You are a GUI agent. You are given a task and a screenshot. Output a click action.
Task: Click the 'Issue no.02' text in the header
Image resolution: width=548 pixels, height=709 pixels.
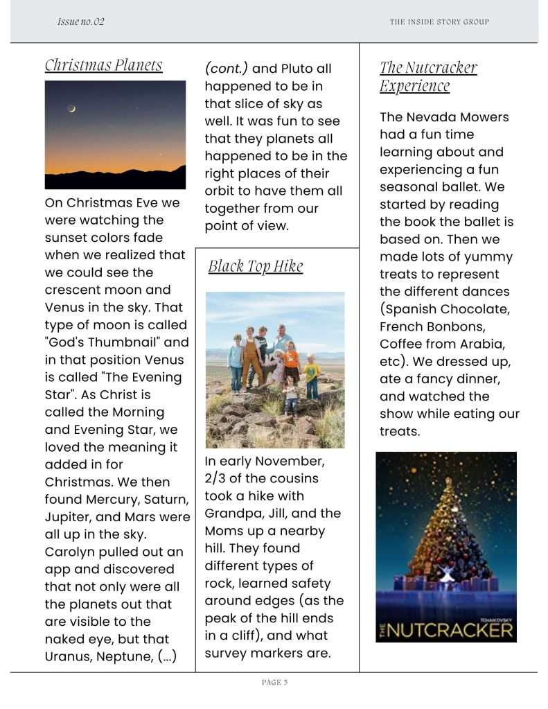pyautogui.click(x=80, y=21)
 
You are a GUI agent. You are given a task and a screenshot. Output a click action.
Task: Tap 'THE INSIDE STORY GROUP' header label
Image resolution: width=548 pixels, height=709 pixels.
pyautogui.click(x=439, y=22)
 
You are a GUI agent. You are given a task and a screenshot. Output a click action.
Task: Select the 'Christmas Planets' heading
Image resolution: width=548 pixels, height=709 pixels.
pyautogui.click(x=104, y=65)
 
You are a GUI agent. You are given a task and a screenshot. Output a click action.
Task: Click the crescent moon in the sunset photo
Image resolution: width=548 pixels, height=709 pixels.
pyautogui.click(x=71, y=108)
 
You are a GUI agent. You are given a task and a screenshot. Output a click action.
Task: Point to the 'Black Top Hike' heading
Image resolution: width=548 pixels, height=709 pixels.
pyautogui.click(x=255, y=267)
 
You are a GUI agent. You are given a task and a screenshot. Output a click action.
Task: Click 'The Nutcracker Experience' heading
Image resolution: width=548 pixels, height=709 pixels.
pyautogui.click(x=428, y=76)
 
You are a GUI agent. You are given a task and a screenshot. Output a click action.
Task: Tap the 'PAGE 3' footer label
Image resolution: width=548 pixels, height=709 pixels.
pyautogui.click(x=274, y=683)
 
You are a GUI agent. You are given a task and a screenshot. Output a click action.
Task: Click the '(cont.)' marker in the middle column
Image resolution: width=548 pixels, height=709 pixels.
pyautogui.click(x=227, y=69)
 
